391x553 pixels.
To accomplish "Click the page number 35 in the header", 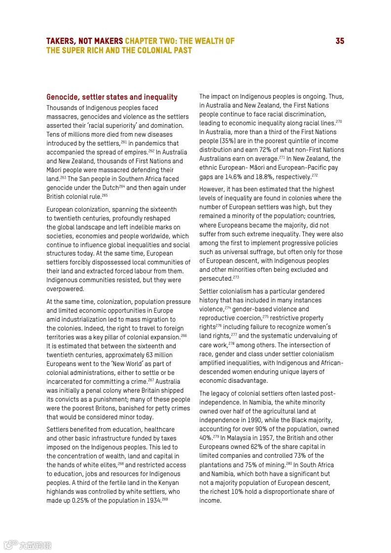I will [340, 41].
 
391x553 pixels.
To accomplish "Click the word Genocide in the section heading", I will [62, 97].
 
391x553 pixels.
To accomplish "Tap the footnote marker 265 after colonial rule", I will [105, 195].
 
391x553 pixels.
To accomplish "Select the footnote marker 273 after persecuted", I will [236, 277].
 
